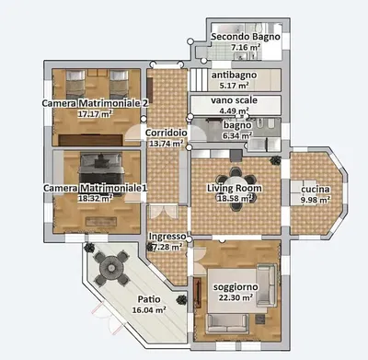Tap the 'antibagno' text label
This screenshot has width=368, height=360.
tap(232, 75)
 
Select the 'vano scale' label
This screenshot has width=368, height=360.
tap(234, 99)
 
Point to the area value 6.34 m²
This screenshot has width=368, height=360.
tap(236, 134)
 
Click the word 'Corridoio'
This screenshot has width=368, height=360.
tap(167, 133)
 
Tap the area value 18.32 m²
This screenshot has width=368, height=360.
tap(95, 197)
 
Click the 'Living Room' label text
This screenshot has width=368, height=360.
tap(235, 188)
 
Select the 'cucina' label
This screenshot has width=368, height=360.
tap(316, 188)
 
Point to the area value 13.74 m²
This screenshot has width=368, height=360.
tap(167, 144)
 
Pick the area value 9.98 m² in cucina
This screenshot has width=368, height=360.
tap(316, 199)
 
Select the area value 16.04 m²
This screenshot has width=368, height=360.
tap(149, 311)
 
